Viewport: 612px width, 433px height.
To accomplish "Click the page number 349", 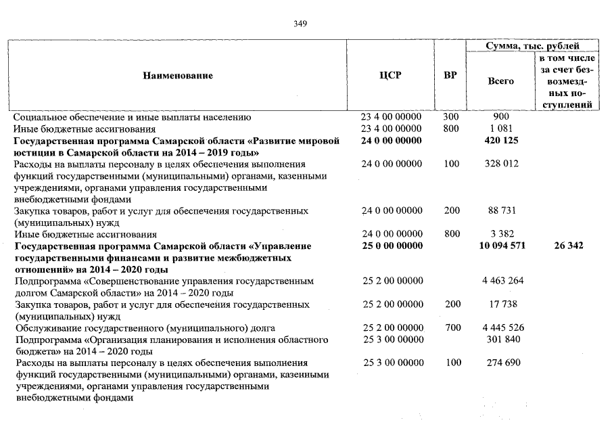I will tap(301, 24).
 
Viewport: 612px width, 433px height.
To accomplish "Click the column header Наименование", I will tap(178, 75).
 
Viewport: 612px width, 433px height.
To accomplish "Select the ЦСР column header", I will tap(391, 75).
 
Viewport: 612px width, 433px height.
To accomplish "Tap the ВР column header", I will tap(450, 75).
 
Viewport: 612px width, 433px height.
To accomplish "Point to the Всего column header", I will tap(500, 81).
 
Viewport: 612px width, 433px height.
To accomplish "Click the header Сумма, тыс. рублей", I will tap(532, 45).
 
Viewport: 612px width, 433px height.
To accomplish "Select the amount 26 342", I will tap(568, 246).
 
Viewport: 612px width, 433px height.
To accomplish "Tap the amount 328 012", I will tap(503, 164).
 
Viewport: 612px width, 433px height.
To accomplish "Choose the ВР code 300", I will tap(451, 117).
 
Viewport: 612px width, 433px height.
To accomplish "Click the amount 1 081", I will tap(501, 129).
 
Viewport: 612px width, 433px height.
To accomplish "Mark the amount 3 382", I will tap(501, 234).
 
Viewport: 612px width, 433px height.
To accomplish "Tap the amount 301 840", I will tap(503, 339).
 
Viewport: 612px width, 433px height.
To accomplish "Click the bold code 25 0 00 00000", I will tap(392, 246).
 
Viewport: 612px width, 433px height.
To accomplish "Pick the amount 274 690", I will tap(503, 363).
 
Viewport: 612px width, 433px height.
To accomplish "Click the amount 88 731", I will tap(502, 211).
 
